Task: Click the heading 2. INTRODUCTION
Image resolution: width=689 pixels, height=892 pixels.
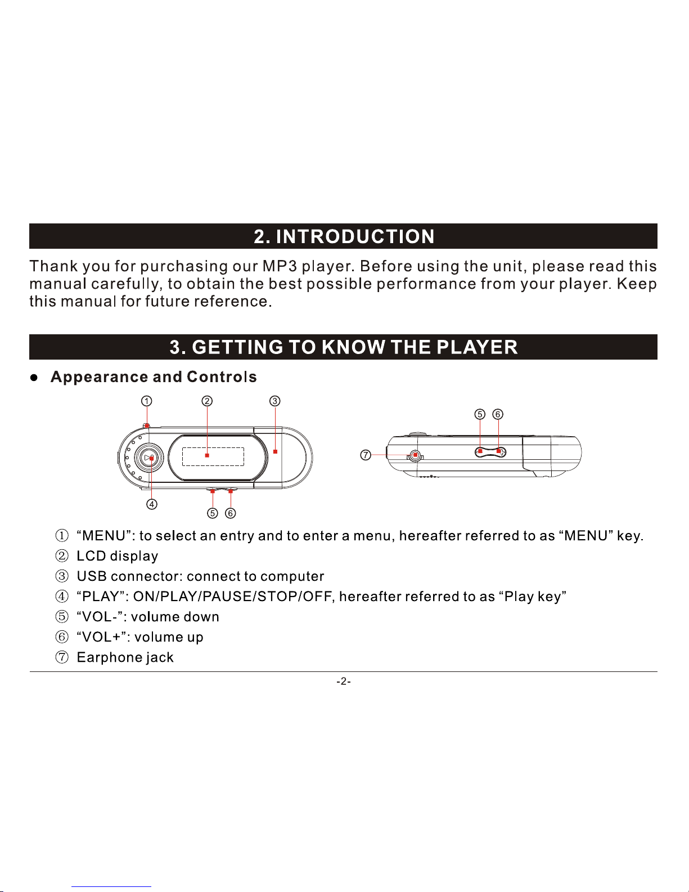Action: click(344, 236)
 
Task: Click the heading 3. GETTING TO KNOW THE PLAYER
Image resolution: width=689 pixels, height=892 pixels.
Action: click(344, 347)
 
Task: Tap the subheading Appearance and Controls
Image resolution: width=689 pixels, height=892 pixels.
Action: click(154, 377)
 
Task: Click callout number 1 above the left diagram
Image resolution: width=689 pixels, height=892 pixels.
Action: click(146, 401)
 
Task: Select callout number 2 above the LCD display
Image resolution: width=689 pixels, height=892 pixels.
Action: click(208, 401)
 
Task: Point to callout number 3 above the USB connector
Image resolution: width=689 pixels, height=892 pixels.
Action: click(274, 401)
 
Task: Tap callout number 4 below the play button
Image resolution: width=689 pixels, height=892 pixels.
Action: click(152, 504)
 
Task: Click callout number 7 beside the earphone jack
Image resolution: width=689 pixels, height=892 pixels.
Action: click(366, 455)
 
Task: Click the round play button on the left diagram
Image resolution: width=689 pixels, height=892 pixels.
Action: click(149, 458)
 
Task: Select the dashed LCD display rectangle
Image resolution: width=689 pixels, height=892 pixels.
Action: click(213, 456)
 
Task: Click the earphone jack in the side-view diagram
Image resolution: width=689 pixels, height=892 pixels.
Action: click(415, 455)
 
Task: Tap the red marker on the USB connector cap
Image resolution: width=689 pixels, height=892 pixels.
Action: click(275, 451)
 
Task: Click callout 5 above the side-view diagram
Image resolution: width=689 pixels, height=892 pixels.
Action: click(480, 414)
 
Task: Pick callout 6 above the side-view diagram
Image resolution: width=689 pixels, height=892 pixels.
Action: click(498, 414)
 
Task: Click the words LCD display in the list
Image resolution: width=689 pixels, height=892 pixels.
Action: click(117, 556)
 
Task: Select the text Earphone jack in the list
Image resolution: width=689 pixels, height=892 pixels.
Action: click(125, 657)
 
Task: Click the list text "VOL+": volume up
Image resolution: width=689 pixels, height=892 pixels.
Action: click(139, 637)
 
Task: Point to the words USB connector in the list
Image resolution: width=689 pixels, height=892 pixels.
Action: click(129, 576)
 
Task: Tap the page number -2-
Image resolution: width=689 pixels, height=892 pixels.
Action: click(344, 682)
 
